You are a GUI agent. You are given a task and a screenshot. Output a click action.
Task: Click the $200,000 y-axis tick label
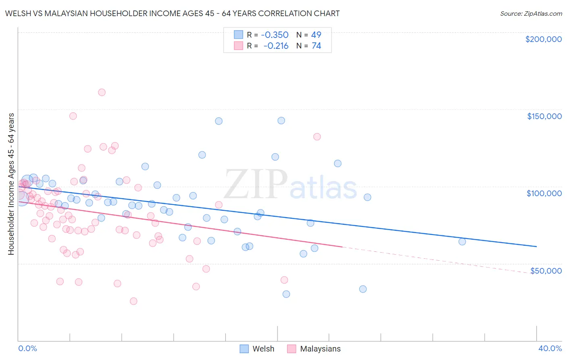coord(543,39)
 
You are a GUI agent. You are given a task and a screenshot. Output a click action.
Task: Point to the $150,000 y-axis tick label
coord(544,116)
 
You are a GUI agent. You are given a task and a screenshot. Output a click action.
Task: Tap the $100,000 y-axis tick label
coord(544,193)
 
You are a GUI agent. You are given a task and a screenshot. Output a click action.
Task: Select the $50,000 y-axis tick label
coord(546,270)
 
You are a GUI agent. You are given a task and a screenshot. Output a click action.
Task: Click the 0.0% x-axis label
coord(27,348)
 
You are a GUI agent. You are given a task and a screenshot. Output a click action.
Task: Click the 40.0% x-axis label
coord(550,348)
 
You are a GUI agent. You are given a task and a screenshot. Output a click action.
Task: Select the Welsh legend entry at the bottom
coord(257,349)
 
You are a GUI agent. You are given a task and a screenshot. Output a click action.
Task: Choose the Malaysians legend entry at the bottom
coord(314,349)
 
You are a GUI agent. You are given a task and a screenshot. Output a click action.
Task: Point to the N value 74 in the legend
coord(316,46)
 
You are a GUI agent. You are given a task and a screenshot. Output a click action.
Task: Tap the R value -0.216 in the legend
coord(276,46)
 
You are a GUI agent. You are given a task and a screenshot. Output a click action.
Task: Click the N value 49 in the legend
coord(316,35)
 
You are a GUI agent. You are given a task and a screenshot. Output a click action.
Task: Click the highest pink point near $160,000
coord(102,92)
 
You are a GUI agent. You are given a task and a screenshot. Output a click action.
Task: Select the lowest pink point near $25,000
coord(133,301)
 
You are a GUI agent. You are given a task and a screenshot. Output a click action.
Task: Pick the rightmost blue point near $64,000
coord(462,242)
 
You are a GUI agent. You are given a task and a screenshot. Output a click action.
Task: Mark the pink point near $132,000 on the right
coord(317,137)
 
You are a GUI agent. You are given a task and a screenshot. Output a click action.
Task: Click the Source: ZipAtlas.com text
coord(531,14)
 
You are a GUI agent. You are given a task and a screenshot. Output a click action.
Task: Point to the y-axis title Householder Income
coord(11,184)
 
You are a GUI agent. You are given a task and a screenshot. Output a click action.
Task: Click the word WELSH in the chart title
coord(17,13)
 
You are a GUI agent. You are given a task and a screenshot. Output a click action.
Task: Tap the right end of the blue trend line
coord(536,246)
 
